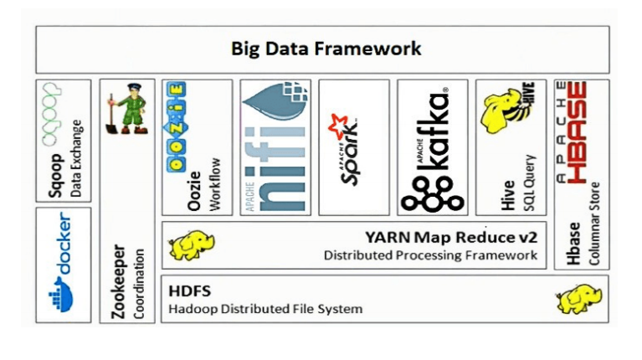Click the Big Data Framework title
pyautogui.click(x=326, y=49)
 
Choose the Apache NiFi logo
pyautogui.click(x=275, y=147)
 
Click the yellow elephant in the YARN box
pyautogui.click(x=186, y=245)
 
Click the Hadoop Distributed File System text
pyautogui.click(x=265, y=309)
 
